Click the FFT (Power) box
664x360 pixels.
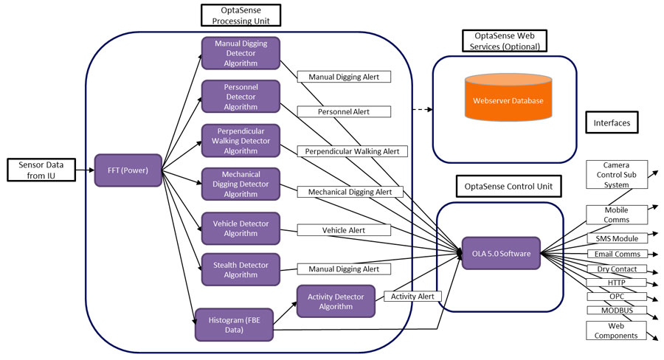(128, 170)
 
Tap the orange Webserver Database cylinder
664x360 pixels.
(508, 98)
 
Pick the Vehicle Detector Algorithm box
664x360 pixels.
(241, 229)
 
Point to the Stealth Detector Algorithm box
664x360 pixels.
(241, 269)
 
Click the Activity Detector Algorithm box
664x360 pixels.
(336, 301)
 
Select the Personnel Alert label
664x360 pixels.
(343, 111)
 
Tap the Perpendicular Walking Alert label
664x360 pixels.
(352, 151)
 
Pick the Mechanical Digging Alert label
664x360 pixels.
(350, 191)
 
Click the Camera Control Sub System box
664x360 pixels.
(616, 175)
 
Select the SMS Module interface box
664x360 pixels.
(617, 238)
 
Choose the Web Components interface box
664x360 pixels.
(616, 330)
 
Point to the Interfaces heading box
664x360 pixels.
(611, 122)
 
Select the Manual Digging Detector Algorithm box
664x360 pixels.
(241, 53)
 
